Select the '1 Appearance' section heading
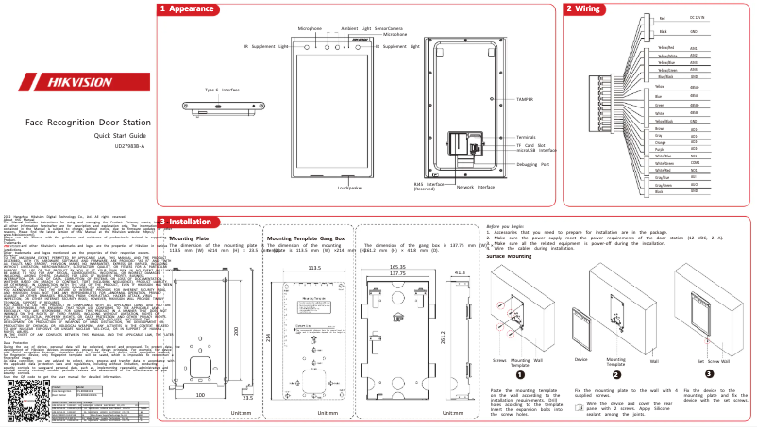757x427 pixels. [x=187, y=8]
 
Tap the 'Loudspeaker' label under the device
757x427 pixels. [x=350, y=187]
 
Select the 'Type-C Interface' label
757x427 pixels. [x=224, y=90]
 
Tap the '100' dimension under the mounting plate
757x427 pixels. [x=199, y=395]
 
